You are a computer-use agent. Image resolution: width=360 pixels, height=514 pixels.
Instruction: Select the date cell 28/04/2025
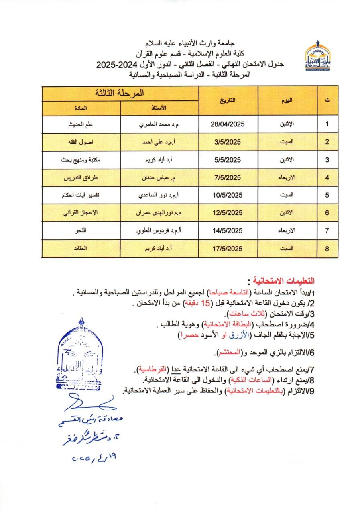click(228, 124)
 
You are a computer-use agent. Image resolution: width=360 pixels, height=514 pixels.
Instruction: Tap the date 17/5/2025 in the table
click(228, 249)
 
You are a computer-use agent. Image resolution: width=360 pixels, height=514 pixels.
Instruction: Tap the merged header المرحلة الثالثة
click(120, 93)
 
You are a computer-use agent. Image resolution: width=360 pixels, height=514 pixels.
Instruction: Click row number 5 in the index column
click(327, 196)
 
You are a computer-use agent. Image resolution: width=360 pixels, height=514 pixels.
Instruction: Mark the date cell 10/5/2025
click(228, 196)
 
